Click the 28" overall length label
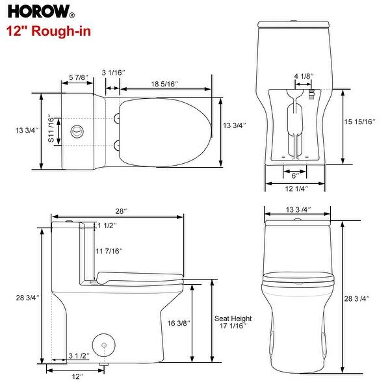point(121,211)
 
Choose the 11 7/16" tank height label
point(109,251)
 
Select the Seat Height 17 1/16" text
point(233,323)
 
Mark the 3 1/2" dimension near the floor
point(79,356)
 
